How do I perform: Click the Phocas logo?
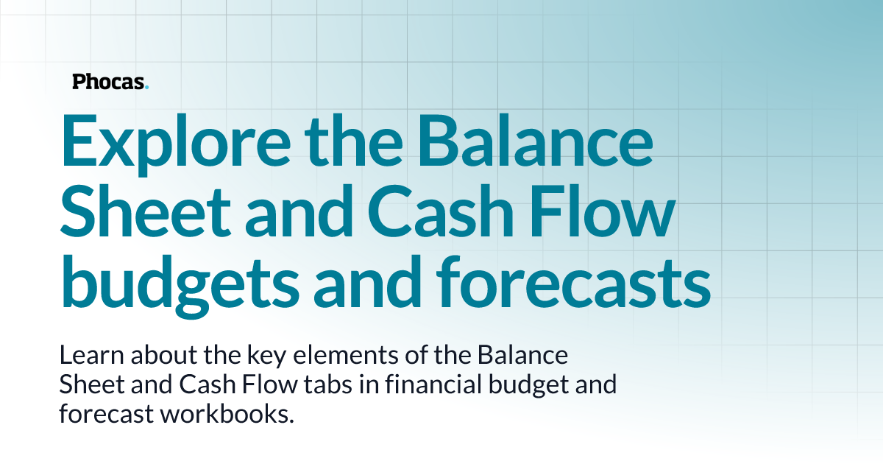tap(110, 82)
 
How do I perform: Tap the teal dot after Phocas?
tap(147, 88)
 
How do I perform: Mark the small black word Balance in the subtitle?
tap(523, 356)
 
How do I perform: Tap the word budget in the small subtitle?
tap(522, 385)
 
